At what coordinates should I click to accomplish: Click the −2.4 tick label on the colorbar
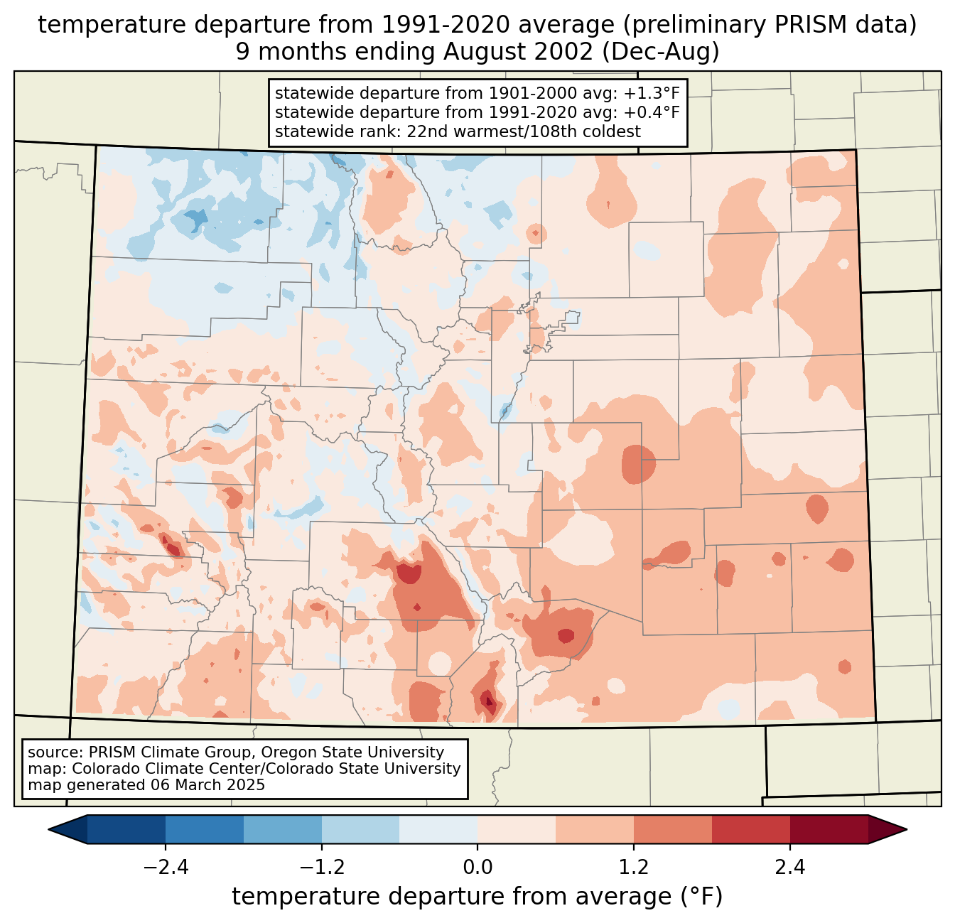[165, 868]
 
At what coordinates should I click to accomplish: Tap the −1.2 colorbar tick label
[321, 868]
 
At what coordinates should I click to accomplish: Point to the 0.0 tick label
[477, 868]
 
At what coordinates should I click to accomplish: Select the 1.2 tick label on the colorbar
[634, 868]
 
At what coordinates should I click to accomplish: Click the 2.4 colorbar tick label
[789, 868]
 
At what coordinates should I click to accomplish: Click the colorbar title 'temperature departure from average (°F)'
[477, 897]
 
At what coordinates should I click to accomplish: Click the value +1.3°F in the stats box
[652, 94]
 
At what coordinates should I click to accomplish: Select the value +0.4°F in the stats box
[652, 112]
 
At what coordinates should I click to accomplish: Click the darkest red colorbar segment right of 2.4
[829, 829]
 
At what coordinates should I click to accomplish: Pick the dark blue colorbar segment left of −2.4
[126, 829]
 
